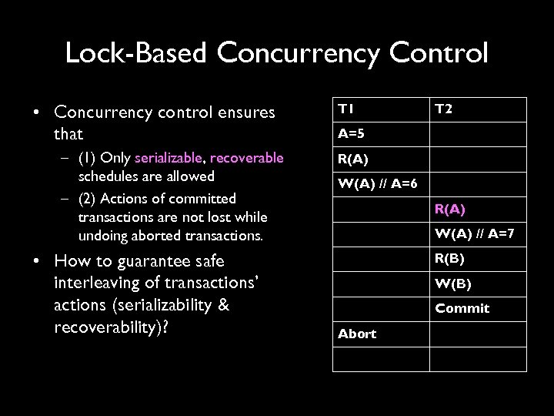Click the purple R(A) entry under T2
click(x=450, y=208)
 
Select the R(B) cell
click(x=450, y=257)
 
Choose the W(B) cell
click(x=452, y=283)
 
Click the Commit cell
click(x=462, y=308)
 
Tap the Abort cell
click(x=357, y=334)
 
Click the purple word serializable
click(x=167, y=158)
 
